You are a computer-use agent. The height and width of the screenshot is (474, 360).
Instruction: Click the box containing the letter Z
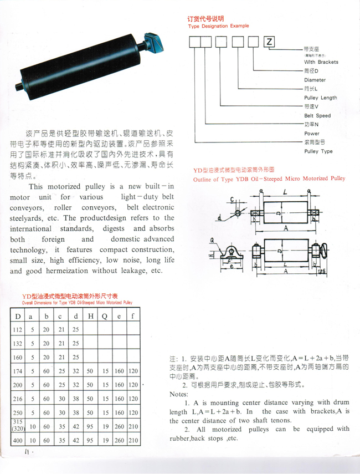(x=269, y=42)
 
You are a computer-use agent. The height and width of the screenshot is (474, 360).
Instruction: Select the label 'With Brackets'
(x=321, y=62)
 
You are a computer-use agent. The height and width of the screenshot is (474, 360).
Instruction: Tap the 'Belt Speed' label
(x=317, y=116)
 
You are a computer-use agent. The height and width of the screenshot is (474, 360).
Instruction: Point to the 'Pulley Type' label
(x=318, y=151)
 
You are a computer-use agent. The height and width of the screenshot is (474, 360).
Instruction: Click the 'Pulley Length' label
(x=320, y=98)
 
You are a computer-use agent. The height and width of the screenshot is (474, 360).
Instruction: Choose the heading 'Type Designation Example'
(x=218, y=26)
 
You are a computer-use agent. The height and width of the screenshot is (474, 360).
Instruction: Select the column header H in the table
(x=90, y=317)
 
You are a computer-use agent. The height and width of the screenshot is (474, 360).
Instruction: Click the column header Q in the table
(x=104, y=317)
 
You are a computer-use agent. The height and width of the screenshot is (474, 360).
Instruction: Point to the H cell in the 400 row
(x=90, y=441)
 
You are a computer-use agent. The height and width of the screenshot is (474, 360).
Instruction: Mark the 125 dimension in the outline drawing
(x=322, y=271)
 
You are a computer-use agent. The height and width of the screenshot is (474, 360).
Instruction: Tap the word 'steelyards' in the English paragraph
(x=29, y=218)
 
